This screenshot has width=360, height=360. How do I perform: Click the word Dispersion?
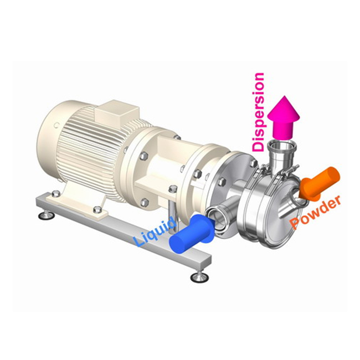coord(258,112)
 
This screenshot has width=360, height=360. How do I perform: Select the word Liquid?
coord(156,233)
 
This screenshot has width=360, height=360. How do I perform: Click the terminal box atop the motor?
coord(117,114)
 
